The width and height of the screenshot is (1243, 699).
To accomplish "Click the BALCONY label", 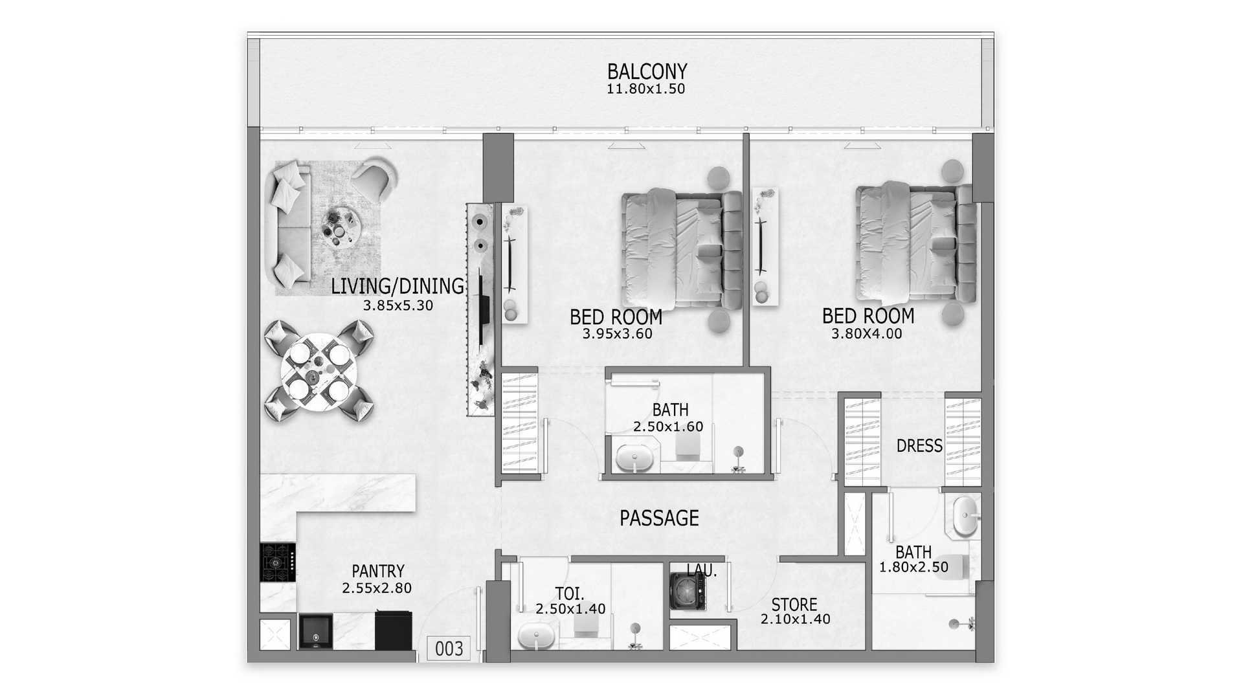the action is click(x=647, y=71).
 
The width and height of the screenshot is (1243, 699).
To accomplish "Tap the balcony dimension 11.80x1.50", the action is click(x=645, y=89).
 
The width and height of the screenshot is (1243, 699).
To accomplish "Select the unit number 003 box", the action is click(x=449, y=649).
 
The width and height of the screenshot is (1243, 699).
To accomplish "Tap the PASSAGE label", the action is click(x=659, y=518).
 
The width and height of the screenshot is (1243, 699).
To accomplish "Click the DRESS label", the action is click(x=919, y=446).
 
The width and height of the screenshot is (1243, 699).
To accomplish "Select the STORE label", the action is click(x=794, y=605).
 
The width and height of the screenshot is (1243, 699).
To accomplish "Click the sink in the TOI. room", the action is click(x=537, y=635).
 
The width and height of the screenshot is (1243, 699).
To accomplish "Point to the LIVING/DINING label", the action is click(x=398, y=286).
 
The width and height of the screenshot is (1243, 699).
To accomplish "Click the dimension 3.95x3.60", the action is click(x=618, y=334).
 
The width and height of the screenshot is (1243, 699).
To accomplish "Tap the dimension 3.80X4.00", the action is click(x=867, y=334).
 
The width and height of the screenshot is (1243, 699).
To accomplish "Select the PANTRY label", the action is click(x=378, y=571).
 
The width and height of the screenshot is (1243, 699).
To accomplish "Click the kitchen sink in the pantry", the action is click(x=316, y=632).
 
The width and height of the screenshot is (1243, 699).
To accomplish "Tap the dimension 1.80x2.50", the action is click(x=913, y=567).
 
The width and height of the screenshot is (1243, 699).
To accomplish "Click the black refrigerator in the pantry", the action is click(x=394, y=630).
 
